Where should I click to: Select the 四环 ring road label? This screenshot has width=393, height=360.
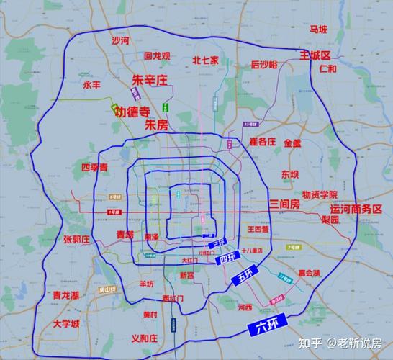(228, 258)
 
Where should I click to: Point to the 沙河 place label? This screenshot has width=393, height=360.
(120, 41)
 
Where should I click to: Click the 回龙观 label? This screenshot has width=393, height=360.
(157, 55)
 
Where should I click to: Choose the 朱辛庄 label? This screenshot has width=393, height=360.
(150, 79)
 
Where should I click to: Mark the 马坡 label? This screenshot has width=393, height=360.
(318, 30)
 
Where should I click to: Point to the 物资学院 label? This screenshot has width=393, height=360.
(320, 194)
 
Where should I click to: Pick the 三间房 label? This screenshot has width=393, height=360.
(284, 205)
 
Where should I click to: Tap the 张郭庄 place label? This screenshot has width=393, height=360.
(76, 239)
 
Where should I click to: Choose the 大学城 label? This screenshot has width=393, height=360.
(65, 324)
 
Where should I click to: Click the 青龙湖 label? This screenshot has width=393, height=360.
(66, 295)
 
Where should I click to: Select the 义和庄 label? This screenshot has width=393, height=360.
(144, 338)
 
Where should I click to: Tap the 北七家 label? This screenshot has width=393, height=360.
(205, 61)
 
